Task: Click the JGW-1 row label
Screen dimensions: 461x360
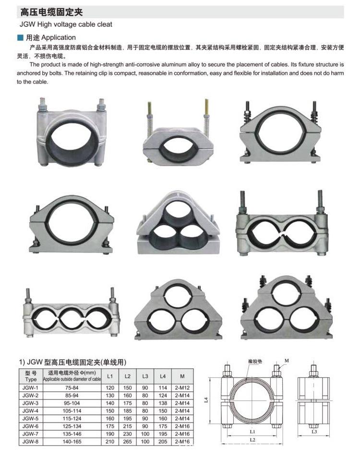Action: tap(30, 387)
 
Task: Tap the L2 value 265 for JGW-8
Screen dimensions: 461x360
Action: tap(127, 441)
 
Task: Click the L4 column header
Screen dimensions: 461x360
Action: tap(162, 376)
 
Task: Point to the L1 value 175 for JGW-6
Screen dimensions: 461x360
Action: tap(110, 426)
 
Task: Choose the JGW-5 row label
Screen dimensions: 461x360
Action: tap(30, 418)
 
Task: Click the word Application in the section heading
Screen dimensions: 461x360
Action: tap(58, 37)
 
